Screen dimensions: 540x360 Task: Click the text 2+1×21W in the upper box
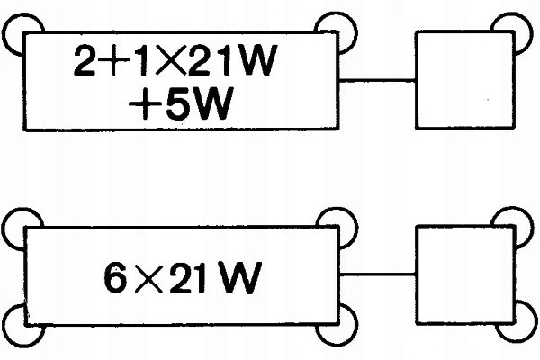click(x=175, y=60)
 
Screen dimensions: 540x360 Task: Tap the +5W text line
click(x=181, y=103)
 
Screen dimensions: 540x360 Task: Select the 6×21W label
click(x=183, y=278)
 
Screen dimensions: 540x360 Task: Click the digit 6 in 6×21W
click(x=116, y=278)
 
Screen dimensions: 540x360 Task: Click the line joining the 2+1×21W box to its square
click(x=377, y=80)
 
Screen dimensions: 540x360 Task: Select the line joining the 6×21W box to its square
click(x=377, y=274)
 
